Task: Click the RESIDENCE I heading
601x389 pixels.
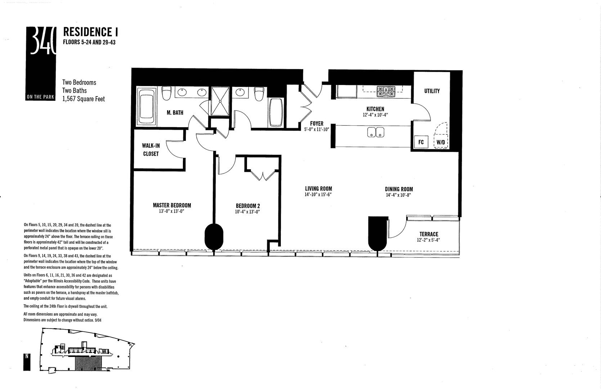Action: tap(91, 32)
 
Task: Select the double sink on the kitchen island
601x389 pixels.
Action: tap(376, 133)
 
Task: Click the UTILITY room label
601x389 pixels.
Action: tap(432, 91)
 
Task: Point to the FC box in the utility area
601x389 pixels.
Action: tap(421, 142)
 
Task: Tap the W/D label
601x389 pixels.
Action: tap(441, 142)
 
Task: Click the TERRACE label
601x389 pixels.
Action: tap(429, 234)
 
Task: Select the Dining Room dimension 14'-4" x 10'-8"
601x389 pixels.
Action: tap(399, 195)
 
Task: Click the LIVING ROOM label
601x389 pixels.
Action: tap(318, 189)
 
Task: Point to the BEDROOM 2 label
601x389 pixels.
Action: tap(248, 206)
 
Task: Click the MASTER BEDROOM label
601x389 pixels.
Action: tap(172, 205)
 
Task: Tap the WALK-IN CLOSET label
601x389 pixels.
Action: tap(151, 149)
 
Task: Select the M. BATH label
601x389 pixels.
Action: tap(175, 113)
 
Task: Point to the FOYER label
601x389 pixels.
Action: tap(317, 124)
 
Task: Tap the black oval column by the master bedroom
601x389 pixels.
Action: tap(214, 236)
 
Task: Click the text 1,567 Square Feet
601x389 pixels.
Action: tap(84, 99)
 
